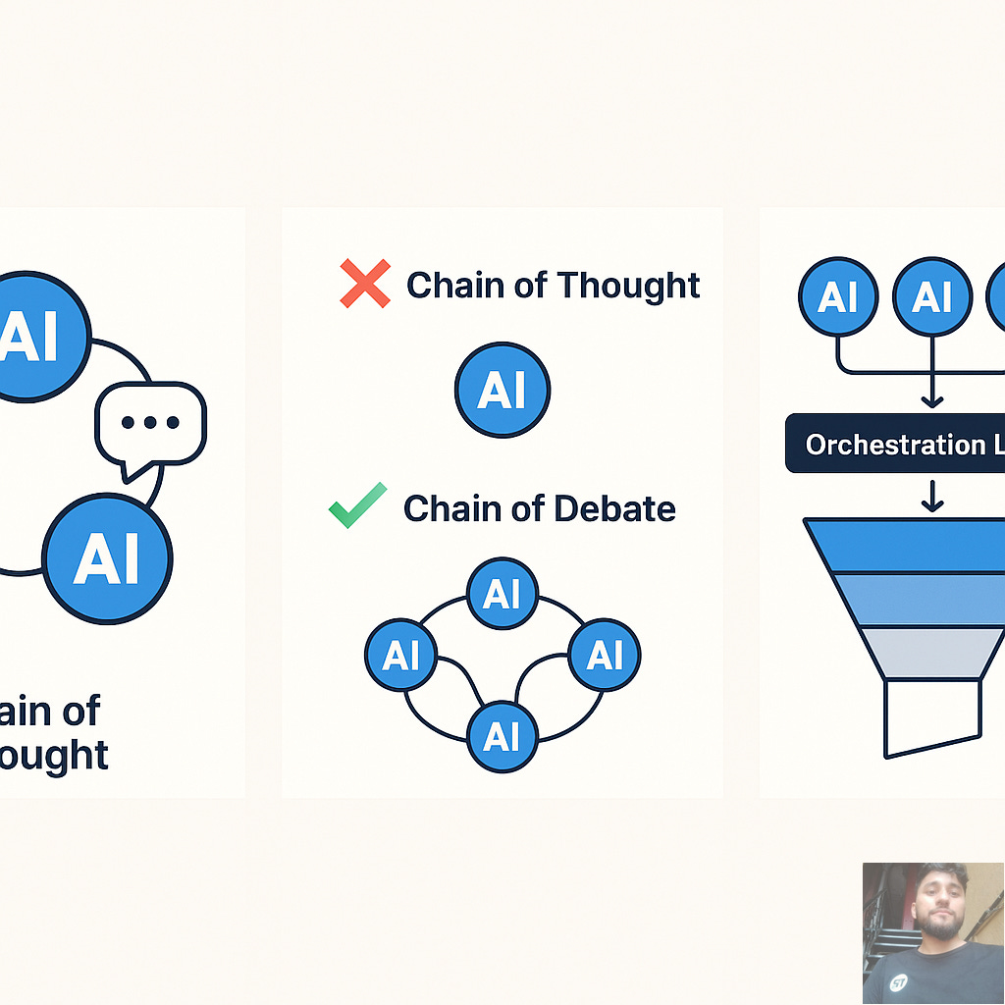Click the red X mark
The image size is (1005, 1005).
click(364, 284)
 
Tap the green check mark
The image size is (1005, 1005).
click(356, 506)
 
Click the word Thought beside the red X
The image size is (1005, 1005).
click(628, 286)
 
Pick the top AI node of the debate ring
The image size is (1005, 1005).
click(502, 594)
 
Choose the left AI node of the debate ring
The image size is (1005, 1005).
click(400, 655)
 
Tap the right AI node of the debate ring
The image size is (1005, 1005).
click(605, 655)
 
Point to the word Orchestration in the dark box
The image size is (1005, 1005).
click(880, 445)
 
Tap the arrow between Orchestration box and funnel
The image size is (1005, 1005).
click(931, 496)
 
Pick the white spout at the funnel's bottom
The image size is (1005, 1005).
click(932, 716)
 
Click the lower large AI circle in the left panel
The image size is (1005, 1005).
click(108, 558)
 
